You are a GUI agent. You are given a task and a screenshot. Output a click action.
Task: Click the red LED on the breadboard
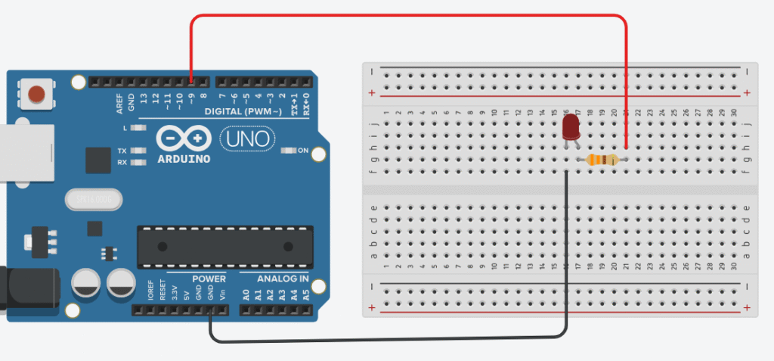tap(571, 126)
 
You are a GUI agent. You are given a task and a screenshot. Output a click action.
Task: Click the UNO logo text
tap(247, 138)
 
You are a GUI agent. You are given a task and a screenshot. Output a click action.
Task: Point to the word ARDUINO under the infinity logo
tap(184, 160)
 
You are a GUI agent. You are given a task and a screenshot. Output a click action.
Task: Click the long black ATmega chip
tap(224, 246)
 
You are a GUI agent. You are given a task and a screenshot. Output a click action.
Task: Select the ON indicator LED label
tap(302, 151)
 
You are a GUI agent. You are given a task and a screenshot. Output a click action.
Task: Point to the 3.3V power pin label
tap(175, 294)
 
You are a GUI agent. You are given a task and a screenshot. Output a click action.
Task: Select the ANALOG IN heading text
tap(282, 279)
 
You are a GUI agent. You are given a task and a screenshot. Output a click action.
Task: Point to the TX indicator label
tap(122, 151)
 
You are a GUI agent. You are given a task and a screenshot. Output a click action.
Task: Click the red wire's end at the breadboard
tap(627, 148)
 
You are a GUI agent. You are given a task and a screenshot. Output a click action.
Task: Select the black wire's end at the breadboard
tap(566, 172)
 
